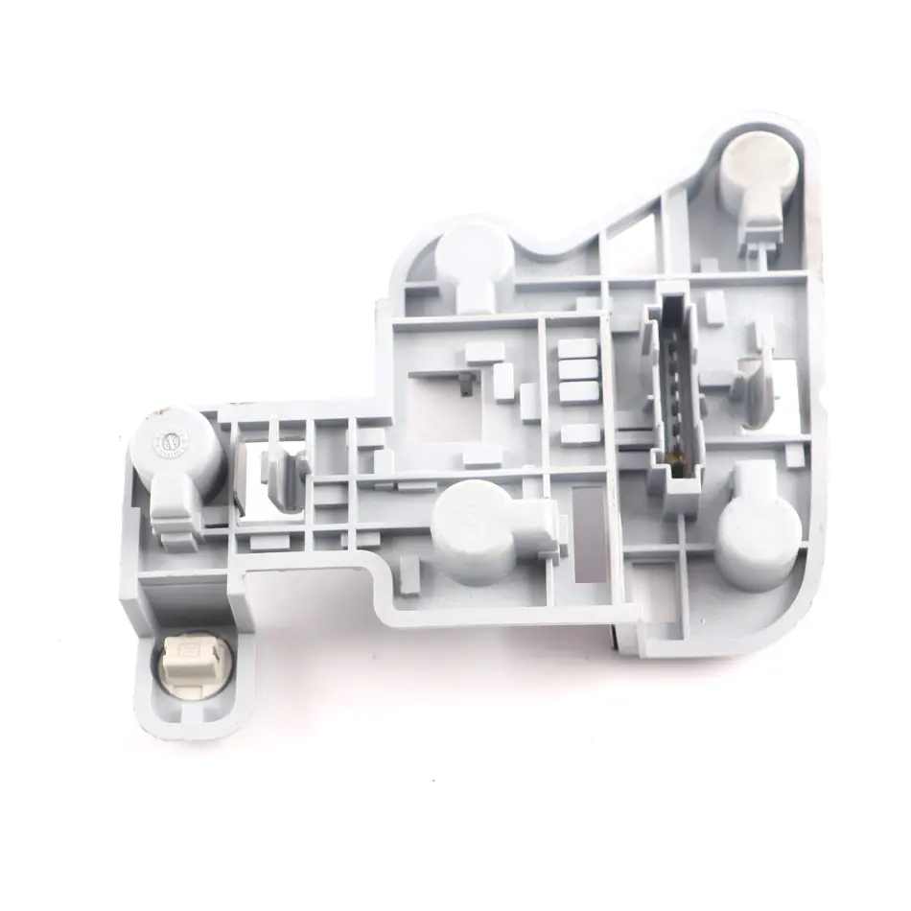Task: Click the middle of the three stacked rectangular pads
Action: (x=576, y=368)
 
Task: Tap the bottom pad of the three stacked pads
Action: (x=576, y=390)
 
